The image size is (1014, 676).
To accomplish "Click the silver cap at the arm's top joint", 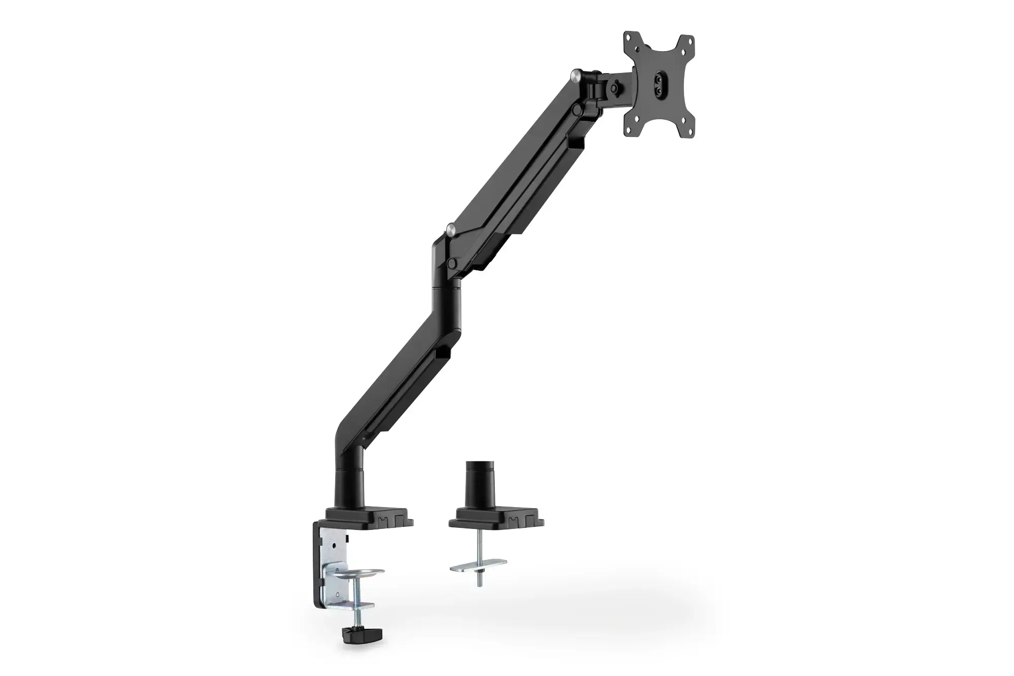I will tap(575, 75).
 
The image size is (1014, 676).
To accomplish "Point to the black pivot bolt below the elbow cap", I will tap(451, 263).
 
